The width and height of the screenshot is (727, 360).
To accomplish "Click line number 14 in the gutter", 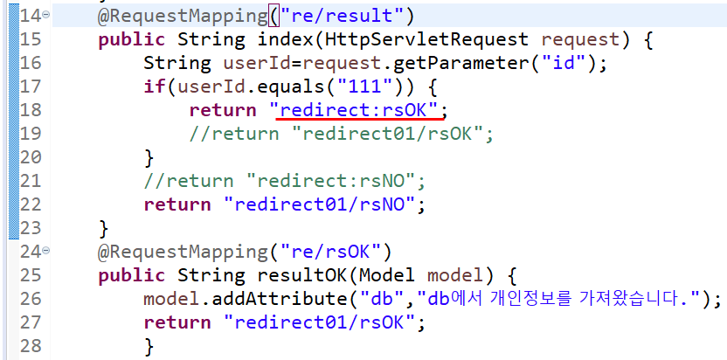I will (29, 16).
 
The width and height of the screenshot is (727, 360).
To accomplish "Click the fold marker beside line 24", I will (45, 251).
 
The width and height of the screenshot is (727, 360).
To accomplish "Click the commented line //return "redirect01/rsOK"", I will (343, 134).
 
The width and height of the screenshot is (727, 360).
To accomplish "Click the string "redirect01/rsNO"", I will (325, 204).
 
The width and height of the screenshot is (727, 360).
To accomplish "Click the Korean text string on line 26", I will (564, 299).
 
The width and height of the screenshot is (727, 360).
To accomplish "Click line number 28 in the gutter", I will (29, 346).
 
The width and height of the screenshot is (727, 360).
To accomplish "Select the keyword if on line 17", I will (155, 87).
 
